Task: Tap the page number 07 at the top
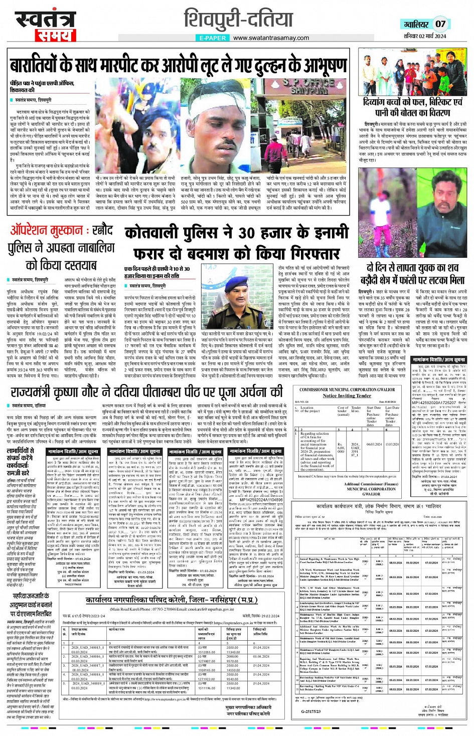(x=440, y=24)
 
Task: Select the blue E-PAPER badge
(x=212, y=38)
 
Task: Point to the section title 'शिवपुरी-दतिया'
(x=238, y=19)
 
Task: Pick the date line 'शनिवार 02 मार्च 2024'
(x=424, y=36)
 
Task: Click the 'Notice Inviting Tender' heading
(x=347, y=396)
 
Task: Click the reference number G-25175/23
(x=310, y=711)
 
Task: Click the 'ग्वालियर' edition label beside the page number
(x=416, y=24)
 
